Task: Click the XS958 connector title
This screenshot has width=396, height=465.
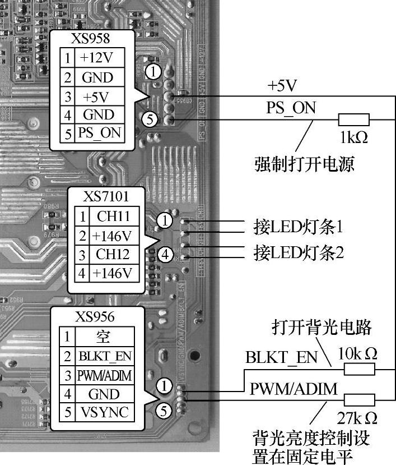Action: tap(90, 39)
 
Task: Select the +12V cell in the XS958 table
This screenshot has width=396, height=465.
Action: tap(97, 58)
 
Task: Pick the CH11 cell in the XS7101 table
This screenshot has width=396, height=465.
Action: tap(114, 216)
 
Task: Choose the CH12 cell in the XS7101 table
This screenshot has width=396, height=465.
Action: tap(114, 254)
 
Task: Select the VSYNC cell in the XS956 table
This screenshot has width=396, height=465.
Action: tap(104, 412)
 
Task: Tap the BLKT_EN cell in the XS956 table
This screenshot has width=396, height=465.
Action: tap(104, 355)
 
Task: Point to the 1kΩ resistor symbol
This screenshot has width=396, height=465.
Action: tap(353, 119)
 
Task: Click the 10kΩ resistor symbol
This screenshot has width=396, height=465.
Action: tap(359, 369)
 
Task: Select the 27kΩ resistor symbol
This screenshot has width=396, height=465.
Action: tap(359, 400)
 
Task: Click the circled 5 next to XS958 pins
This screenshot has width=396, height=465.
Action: tap(148, 119)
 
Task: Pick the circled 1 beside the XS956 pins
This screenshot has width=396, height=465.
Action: tap(163, 385)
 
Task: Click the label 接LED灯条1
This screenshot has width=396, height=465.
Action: tap(298, 227)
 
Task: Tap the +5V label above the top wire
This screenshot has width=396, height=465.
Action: tap(282, 86)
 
